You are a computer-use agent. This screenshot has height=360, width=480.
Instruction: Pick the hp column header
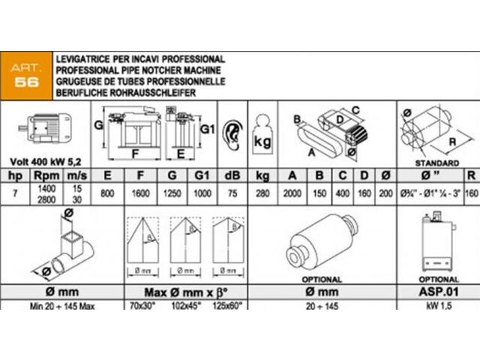click(13, 177)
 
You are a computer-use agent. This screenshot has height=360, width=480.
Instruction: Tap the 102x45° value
click(185, 306)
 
